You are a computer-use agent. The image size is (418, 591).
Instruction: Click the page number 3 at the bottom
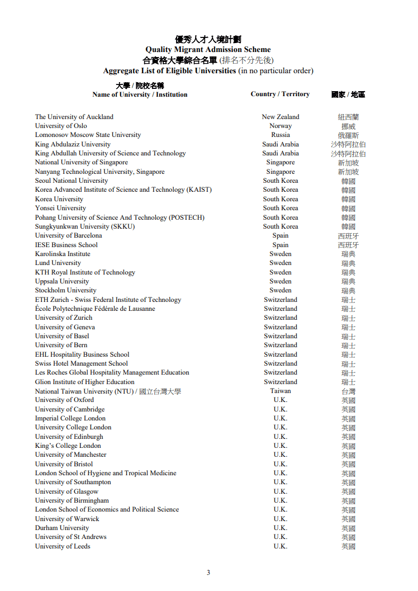click(208, 572)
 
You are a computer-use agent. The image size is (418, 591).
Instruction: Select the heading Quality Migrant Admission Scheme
click(208, 50)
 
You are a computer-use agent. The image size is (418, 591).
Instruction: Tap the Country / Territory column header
click(280, 94)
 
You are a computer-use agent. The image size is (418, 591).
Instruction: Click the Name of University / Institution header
click(140, 94)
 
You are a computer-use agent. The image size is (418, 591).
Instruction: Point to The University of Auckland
click(74, 117)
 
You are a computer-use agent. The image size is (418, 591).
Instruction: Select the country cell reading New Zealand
click(281, 117)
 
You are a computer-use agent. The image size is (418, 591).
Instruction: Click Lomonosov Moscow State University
click(88, 135)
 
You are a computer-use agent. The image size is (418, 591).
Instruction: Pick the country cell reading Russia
click(281, 135)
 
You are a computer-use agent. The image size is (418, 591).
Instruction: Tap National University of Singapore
click(82, 162)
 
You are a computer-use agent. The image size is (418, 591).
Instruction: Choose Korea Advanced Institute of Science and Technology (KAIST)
click(123, 190)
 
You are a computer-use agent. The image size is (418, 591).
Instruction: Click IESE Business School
click(66, 245)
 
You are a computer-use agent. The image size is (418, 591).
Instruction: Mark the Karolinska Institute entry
click(63, 254)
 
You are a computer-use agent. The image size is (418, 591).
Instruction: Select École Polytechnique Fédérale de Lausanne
click(95, 309)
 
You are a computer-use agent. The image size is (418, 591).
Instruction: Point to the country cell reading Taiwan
click(281, 391)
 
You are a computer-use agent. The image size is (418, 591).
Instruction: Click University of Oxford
click(64, 400)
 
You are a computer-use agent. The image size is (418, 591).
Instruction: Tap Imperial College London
click(70, 418)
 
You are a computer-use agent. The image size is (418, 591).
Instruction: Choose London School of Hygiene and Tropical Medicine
click(106, 473)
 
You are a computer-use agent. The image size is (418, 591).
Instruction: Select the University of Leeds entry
click(63, 546)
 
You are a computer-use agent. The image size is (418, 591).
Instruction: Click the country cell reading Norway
click(281, 126)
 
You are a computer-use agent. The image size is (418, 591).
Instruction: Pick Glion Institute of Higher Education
click(85, 382)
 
